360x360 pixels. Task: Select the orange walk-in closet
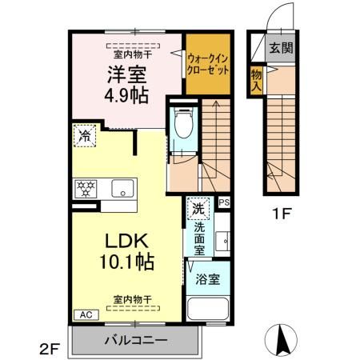pos(209,64)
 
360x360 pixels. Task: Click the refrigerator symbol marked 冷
pos(83,137)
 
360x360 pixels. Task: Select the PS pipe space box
pos(224,203)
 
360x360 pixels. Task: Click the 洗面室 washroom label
pos(199,238)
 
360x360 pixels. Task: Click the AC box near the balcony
pos(84,314)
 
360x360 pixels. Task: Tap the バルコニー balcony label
pos(135,340)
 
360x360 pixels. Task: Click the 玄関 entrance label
pos(280,48)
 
